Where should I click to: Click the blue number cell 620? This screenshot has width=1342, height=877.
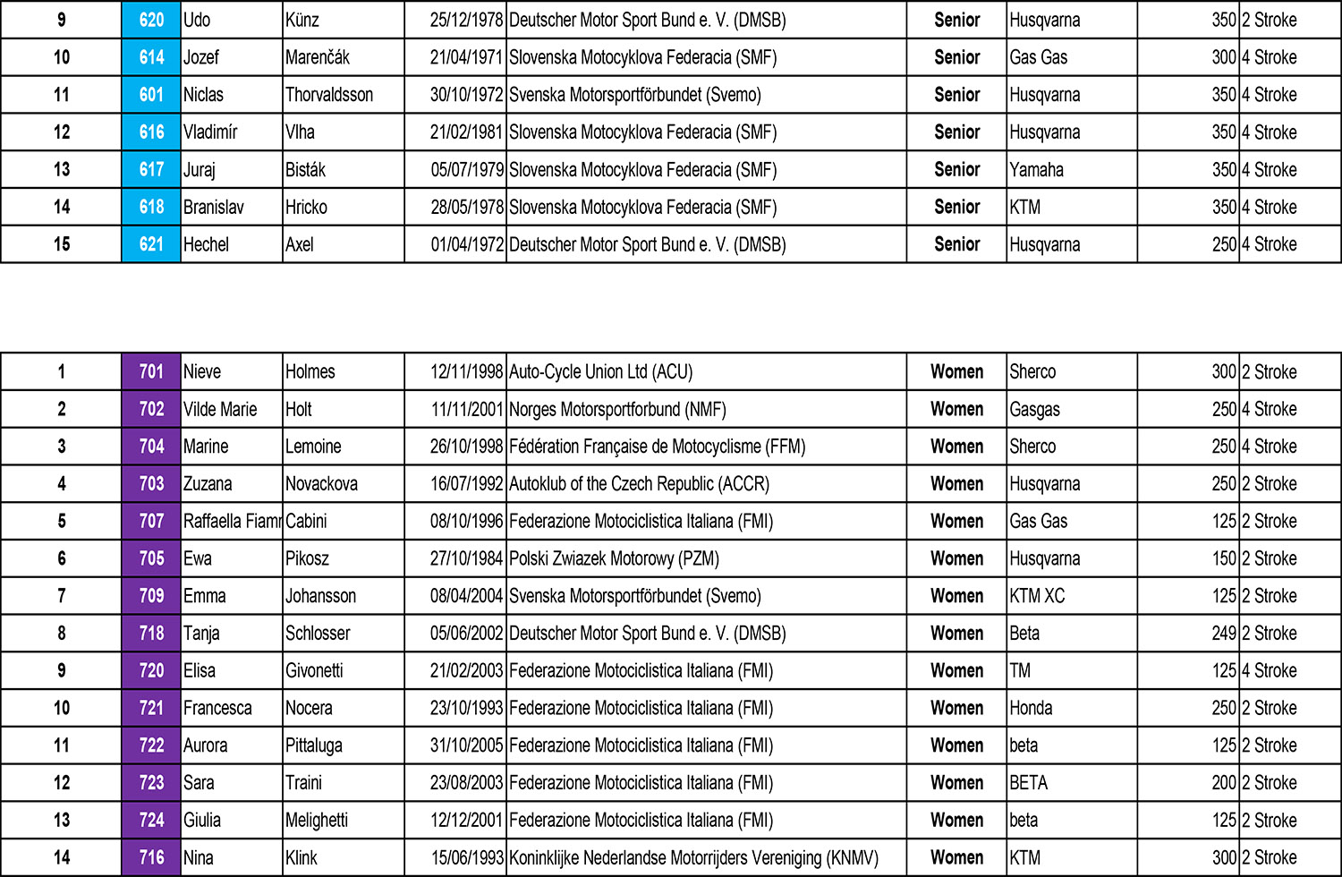151,20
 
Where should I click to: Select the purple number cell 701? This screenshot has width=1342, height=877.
151,371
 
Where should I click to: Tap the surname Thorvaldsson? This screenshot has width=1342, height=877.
329,95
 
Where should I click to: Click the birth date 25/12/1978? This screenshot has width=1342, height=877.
466,20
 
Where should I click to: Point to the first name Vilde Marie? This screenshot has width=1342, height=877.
220,409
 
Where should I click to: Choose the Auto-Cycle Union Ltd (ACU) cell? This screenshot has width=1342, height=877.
600,371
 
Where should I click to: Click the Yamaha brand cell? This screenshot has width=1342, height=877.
1036,170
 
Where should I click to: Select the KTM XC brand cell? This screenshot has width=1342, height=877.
1037,596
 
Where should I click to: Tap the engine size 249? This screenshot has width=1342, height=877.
1224,634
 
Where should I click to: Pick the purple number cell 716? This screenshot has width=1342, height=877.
151,857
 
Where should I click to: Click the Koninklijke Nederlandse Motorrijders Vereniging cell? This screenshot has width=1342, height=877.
693,857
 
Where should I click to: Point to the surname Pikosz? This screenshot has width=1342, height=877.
307,558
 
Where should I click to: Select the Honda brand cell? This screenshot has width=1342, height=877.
1031,708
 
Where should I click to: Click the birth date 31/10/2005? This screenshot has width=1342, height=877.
466,745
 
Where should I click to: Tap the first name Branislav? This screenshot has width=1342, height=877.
213,208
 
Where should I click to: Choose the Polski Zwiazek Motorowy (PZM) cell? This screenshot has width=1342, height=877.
614,558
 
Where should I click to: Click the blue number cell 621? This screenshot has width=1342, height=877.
151,244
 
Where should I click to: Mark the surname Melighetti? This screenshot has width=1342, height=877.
317,820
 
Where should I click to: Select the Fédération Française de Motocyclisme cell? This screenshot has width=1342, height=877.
657,447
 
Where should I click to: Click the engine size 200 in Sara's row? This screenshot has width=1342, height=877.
1224,783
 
